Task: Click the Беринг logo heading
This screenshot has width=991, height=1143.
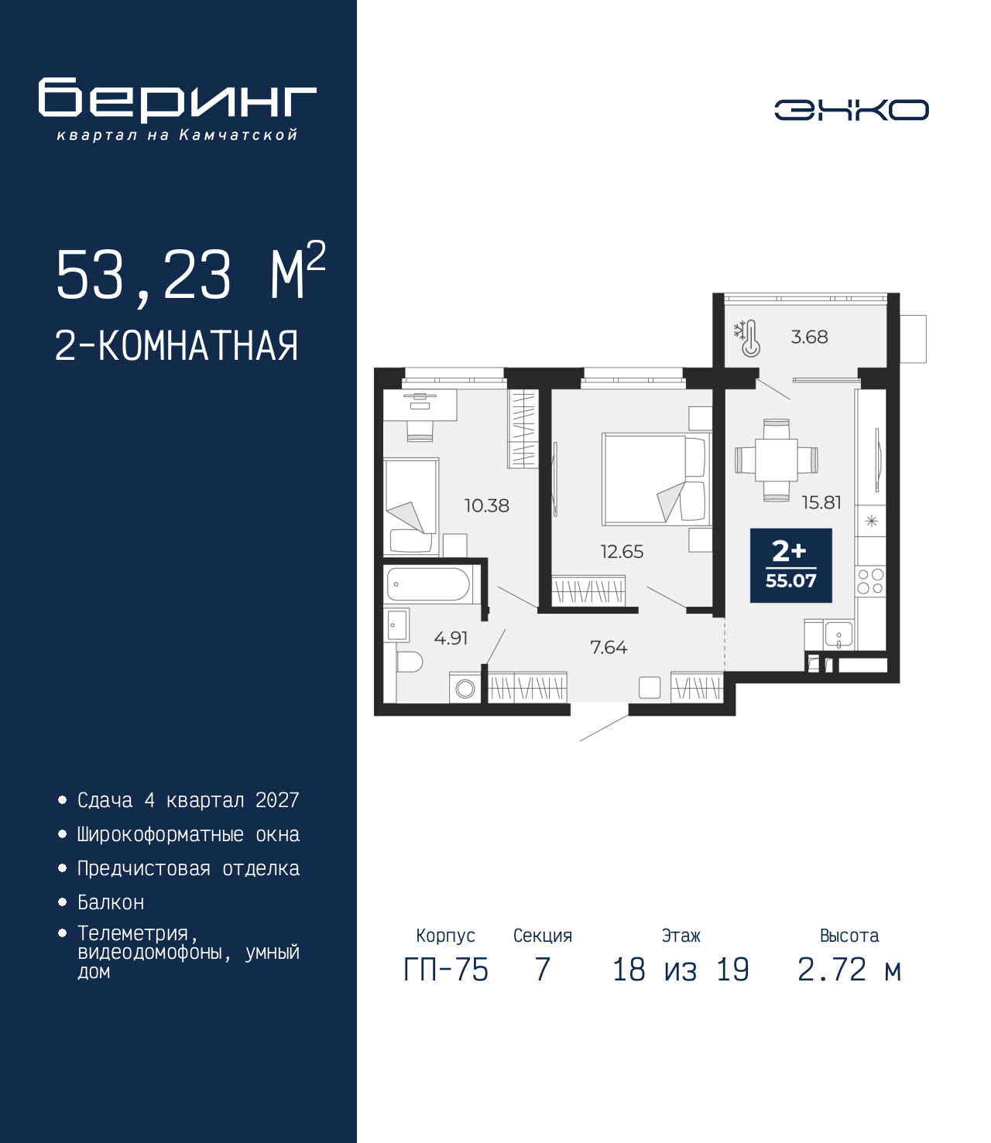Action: (x=177, y=100)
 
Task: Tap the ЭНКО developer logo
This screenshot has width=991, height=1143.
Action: (x=852, y=110)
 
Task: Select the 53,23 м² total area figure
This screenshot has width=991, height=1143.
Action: (x=190, y=272)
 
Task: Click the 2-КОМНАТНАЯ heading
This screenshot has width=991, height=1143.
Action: (x=177, y=346)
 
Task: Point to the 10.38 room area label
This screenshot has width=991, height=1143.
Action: (x=487, y=505)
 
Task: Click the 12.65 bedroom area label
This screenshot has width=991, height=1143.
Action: (x=622, y=551)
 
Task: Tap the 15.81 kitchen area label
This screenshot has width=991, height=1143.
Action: (x=821, y=502)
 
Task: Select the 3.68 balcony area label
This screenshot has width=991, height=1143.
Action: (x=809, y=337)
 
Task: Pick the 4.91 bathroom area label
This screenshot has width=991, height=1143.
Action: (x=451, y=638)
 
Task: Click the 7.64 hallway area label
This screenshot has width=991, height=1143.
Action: (x=609, y=647)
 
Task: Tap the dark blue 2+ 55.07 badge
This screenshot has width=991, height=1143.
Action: (x=790, y=565)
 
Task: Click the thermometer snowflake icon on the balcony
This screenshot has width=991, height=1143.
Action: (x=747, y=338)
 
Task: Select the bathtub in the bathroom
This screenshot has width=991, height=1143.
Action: (x=429, y=584)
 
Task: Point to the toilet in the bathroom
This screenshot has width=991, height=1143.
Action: (x=409, y=662)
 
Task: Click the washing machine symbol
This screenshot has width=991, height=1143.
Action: (x=465, y=689)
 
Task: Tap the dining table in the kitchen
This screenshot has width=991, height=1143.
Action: (x=777, y=460)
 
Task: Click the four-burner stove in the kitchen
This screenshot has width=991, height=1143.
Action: (x=870, y=581)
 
